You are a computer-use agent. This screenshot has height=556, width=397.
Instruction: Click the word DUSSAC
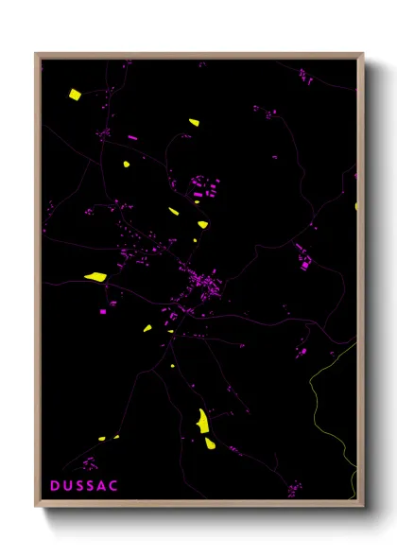(84, 485)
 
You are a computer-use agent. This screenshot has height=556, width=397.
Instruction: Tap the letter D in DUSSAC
(55, 485)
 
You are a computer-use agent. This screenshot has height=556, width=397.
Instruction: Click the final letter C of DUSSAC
(114, 485)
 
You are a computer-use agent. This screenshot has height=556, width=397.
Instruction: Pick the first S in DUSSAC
(79, 485)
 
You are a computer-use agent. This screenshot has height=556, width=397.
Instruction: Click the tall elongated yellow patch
(202, 421)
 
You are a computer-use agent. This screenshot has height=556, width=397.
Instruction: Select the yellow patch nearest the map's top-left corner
(75, 94)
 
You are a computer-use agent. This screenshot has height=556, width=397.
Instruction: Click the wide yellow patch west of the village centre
(95, 277)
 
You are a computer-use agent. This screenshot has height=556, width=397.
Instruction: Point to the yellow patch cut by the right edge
(356, 205)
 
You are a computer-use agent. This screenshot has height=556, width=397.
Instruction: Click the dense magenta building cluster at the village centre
(203, 284)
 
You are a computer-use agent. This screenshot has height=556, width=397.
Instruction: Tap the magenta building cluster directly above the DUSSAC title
(89, 463)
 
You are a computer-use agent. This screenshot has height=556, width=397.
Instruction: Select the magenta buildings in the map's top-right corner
(307, 75)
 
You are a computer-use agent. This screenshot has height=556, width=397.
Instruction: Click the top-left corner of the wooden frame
(37, 55)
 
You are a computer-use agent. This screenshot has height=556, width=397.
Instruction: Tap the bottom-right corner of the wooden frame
(362, 505)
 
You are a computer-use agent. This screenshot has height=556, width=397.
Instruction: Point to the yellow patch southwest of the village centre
(148, 328)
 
